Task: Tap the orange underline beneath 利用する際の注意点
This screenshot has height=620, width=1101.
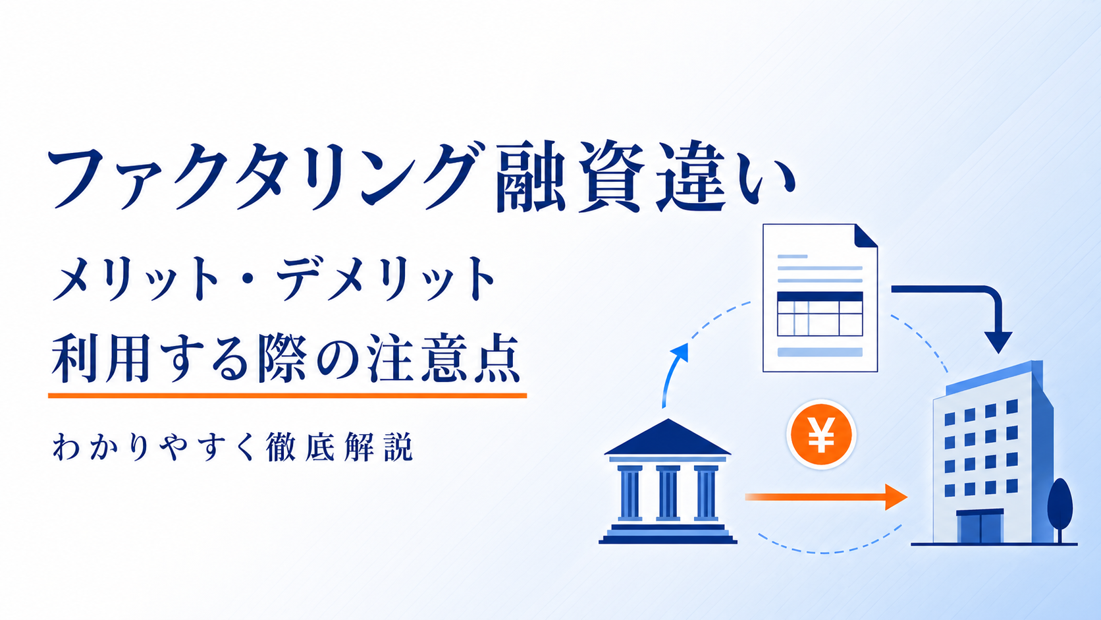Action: pos(288,395)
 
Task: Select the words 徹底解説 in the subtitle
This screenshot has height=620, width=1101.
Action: pos(338,447)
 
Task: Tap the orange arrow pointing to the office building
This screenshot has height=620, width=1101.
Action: pos(826,497)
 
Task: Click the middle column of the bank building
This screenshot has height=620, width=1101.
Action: pos(668,492)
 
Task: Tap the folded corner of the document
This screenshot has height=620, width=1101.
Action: pos(865,236)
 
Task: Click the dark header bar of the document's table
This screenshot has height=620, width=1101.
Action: pos(820,296)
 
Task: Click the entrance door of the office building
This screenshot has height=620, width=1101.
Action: pos(980,527)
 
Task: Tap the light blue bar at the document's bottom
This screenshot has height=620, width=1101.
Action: pos(820,352)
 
